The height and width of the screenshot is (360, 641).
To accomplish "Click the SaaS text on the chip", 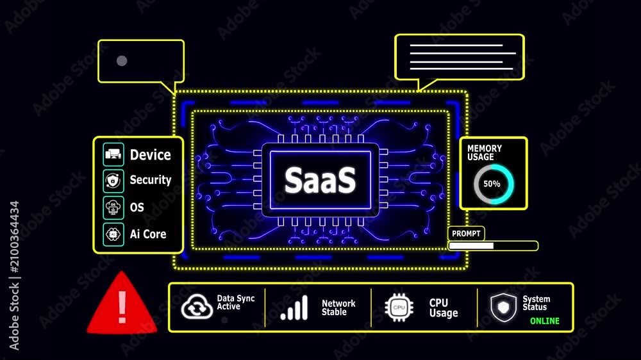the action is (320, 180).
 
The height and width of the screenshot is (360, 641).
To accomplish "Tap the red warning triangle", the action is (122, 304).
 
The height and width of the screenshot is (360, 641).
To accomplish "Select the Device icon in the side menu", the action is (113, 154).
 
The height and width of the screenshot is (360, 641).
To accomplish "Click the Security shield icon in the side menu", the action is (113, 180).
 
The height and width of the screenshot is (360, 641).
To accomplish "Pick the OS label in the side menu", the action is (137, 208).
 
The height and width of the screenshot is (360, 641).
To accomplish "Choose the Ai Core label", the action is (148, 234).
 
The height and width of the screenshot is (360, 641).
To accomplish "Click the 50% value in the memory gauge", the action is (492, 184).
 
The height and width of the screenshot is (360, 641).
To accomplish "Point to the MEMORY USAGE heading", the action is (484, 153).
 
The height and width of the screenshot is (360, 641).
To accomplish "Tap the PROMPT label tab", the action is (466, 233).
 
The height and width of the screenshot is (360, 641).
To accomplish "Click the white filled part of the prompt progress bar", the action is (471, 245).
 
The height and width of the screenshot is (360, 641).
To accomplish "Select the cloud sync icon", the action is (197, 306).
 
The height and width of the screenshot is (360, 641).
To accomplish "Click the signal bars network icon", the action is (294, 307).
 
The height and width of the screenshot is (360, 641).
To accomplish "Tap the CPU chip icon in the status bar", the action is (399, 307).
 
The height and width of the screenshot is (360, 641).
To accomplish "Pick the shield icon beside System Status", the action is (503, 307).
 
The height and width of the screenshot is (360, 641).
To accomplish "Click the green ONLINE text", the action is (544, 321).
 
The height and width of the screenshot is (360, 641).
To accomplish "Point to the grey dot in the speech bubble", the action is (122, 61).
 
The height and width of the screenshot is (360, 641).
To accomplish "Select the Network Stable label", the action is (338, 307).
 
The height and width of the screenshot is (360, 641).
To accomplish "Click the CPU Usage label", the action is (444, 307).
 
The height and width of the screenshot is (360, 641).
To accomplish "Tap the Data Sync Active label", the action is (236, 302).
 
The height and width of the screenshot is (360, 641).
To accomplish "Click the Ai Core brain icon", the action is (113, 234).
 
